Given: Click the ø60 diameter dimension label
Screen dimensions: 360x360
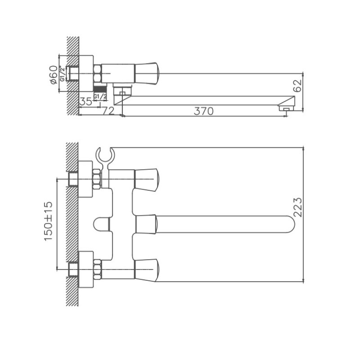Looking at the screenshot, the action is coord(53,75).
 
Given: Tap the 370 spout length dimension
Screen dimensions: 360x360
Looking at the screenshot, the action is coord(204,111).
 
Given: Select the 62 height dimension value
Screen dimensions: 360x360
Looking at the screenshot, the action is coord(298,85).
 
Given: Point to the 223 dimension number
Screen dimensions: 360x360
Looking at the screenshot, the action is coord(298,207).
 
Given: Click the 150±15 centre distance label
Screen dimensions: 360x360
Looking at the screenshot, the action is coord(49,221).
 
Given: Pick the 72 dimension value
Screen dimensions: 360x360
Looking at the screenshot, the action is coord(108,111).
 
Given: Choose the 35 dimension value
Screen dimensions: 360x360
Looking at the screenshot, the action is coord(85,101).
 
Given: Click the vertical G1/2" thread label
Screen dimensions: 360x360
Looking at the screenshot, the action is coord(63,73).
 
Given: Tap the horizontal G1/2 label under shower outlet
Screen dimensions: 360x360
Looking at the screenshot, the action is coord(100,96).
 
